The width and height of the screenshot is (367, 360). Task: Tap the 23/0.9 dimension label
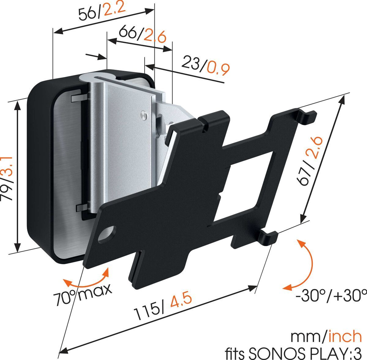click(x=206, y=65)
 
